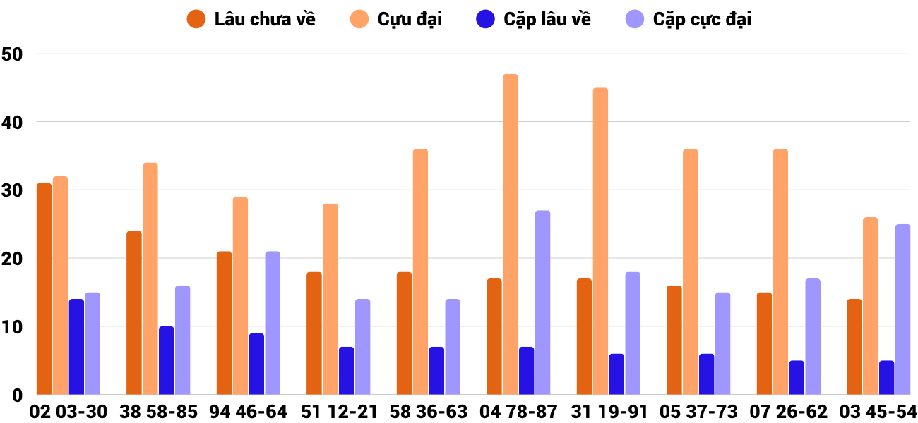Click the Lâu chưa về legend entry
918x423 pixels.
point(251,19)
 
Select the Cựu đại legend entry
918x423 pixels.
point(395,19)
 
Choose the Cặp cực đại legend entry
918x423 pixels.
point(688,19)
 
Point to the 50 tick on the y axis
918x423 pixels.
point(13,54)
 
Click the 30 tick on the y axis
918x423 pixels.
point(13,190)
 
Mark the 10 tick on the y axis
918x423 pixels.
point(13,327)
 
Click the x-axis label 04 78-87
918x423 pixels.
point(518,412)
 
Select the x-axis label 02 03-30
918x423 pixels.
point(68,412)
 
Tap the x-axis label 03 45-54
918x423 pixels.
point(878,412)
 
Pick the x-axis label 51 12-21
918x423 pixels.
point(338,412)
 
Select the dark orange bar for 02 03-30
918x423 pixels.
point(44,289)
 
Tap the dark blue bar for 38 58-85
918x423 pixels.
point(166,360)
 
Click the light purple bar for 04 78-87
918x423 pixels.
point(542,302)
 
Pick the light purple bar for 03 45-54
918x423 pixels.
point(902,309)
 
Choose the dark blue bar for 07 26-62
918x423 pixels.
point(797,378)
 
